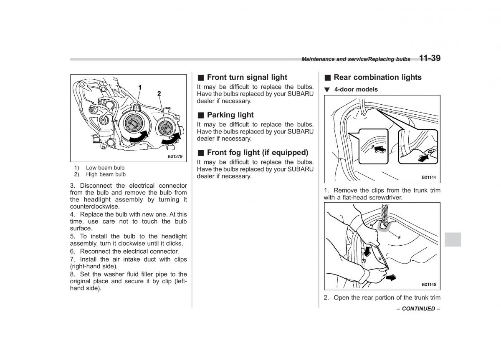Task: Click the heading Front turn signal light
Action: (x=247, y=77)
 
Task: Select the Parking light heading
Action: (x=230, y=115)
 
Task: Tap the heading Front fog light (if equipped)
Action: (x=257, y=152)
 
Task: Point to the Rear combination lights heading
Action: (x=377, y=77)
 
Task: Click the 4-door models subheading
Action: (x=356, y=89)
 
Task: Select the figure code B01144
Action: (x=428, y=177)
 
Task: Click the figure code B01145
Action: (x=428, y=284)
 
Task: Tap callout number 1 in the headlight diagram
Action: (x=140, y=87)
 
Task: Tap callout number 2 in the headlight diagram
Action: (x=159, y=94)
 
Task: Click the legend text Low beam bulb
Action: (x=105, y=168)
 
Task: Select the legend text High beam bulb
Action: (x=106, y=174)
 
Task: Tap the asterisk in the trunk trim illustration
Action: (x=399, y=237)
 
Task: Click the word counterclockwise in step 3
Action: (x=95, y=206)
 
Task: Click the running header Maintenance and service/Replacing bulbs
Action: (x=356, y=60)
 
